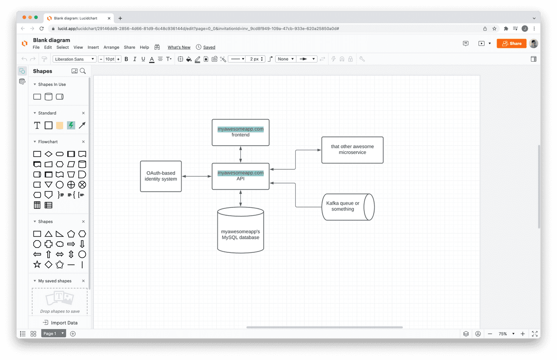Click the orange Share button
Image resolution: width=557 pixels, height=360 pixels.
512,44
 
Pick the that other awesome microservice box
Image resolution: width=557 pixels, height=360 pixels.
352,150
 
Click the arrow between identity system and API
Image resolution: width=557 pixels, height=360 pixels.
197,176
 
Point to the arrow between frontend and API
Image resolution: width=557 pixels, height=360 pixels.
240,154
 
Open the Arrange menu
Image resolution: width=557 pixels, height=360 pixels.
111,47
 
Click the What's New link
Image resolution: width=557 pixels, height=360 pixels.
179,47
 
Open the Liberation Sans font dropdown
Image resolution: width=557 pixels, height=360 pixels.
74,59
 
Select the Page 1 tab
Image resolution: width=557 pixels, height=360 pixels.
49,334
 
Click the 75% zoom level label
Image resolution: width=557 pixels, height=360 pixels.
503,334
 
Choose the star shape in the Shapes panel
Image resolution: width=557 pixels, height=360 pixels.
37,264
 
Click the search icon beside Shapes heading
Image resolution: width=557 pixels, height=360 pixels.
83,71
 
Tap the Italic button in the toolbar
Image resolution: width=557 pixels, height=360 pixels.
135,59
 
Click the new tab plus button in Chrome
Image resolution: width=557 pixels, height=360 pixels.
120,18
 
